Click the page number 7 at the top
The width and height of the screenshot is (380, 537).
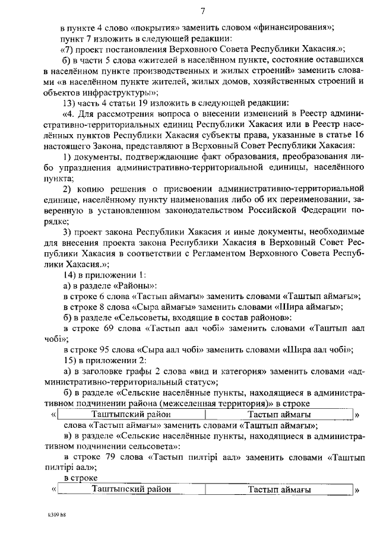202,11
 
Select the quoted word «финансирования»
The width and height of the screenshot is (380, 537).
293,27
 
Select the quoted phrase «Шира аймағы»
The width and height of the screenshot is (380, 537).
308,307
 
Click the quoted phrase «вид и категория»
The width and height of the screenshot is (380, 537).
227,371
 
